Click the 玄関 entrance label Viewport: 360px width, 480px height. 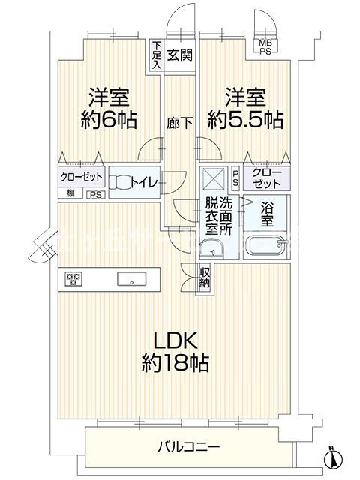pyautogui.click(x=178, y=55)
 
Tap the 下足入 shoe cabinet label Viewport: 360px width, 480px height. pyautogui.click(x=156, y=55)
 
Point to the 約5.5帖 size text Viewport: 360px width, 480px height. pyautogui.click(x=246, y=121)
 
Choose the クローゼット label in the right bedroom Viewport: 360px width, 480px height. pyautogui.click(x=267, y=178)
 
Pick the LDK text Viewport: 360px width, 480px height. pyautogui.click(x=178, y=342)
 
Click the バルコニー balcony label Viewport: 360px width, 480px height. pyautogui.click(x=188, y=448)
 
